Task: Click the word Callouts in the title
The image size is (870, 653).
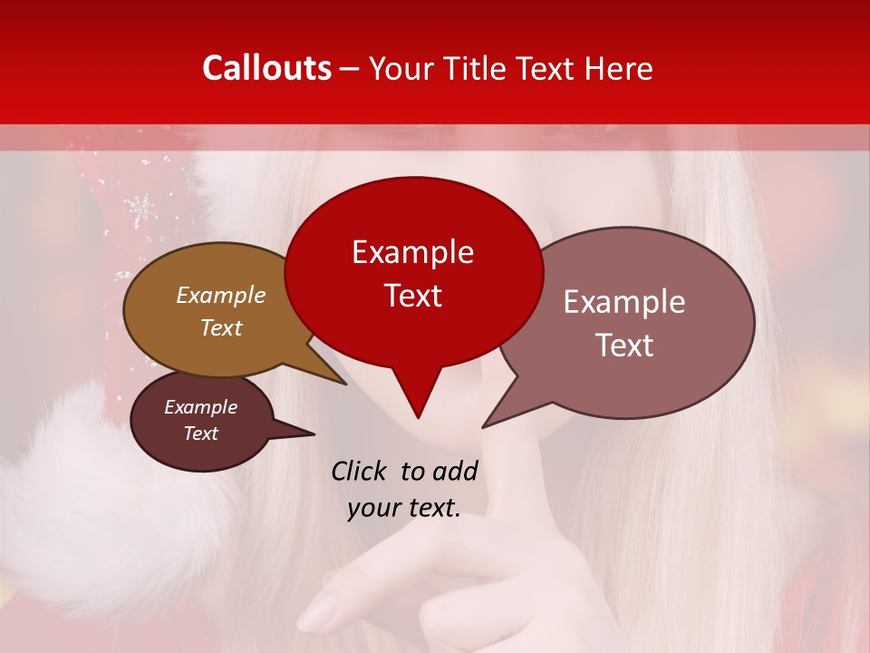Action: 266,68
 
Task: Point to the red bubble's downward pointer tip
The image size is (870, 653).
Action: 418,417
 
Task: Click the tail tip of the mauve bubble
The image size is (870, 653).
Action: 483,426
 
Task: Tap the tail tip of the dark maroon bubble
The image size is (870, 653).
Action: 314,434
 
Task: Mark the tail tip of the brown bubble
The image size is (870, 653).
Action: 345,384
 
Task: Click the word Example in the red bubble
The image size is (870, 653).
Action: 412,252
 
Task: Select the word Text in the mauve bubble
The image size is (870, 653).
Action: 624,346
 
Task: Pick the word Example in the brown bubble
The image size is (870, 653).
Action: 220,295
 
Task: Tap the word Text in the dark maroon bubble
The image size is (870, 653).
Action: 200,434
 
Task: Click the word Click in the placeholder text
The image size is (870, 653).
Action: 360,471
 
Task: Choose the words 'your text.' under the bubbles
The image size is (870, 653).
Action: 403,508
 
